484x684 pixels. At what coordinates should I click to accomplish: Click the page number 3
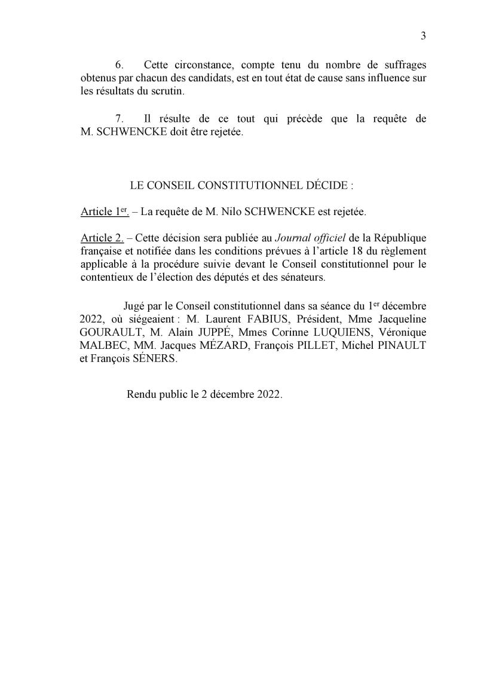(423, 36)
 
